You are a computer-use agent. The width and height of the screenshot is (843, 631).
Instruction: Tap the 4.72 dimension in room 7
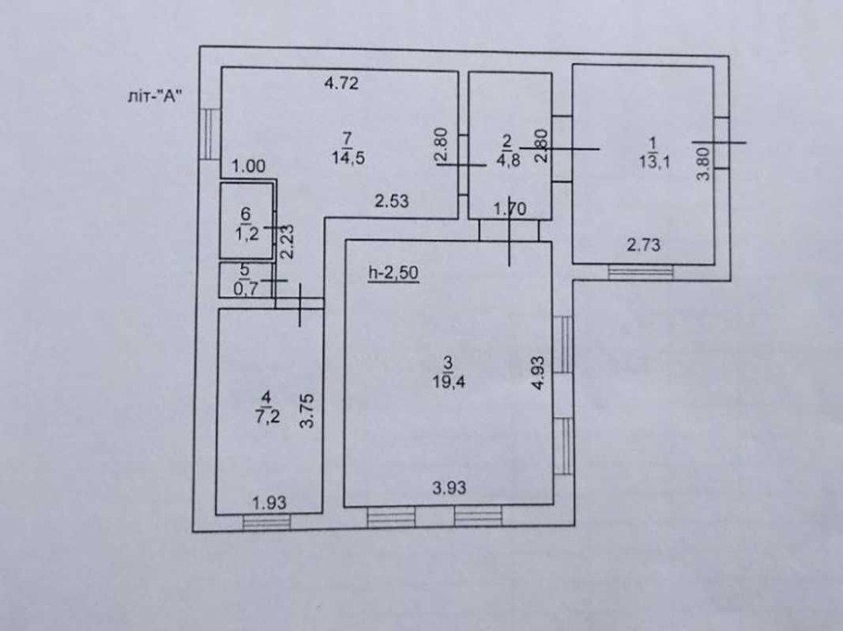343,83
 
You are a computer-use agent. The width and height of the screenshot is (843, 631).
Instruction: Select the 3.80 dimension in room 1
706,160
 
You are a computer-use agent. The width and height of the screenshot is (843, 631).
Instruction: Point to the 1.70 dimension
509,208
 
